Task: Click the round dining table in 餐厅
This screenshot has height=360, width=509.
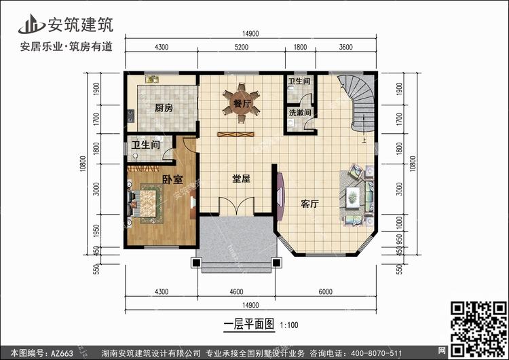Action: [x=241, y=103]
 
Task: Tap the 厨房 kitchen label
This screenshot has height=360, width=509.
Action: [x=164, y=108]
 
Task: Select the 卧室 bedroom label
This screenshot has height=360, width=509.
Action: [x=172, y=179]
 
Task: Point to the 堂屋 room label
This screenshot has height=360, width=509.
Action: [x=241, y=179]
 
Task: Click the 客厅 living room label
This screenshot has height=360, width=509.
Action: [x=309, y=204]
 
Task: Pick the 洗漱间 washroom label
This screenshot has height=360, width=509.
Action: [x=300, y=113]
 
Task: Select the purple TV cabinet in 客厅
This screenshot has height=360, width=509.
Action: [x=280, y=196]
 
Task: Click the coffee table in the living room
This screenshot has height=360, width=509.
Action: [x=353, y=197]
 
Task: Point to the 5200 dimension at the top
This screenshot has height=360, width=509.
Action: [x=241, y=47]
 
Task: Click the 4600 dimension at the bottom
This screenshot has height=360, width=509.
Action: [x=236, y=292]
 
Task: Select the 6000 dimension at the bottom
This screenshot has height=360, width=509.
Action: [x=325, y=292]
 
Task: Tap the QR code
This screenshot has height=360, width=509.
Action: [x=479, y=329]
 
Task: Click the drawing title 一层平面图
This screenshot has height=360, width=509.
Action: [x=249, y=324]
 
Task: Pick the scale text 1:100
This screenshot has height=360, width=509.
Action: [x=289, y=325]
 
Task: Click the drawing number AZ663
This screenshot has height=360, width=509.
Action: [x=62, y=353]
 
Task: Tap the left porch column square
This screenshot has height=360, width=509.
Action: [x=196, y=262]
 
